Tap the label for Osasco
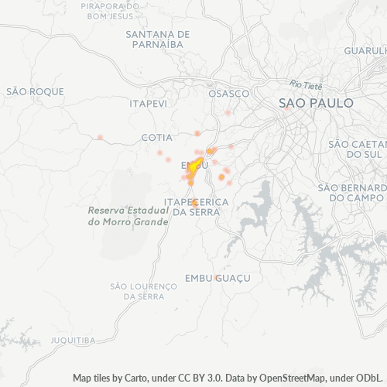(229, 93)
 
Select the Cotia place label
(156, 137)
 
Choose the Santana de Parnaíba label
(158, 39)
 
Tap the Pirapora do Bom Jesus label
(110, 11)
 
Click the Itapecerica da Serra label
(197, 207)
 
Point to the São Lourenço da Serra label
(139, 291)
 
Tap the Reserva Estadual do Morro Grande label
(128, 216)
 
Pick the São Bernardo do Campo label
(351, 192)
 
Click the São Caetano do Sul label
(357, 149)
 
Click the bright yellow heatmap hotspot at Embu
(195, 165)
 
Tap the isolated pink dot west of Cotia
(100, 137)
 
